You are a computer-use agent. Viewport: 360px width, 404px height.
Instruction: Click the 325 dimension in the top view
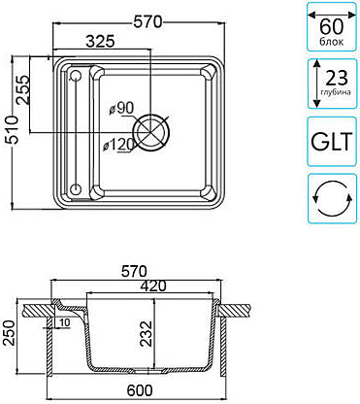101,41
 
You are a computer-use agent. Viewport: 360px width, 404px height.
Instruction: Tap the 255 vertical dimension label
22,89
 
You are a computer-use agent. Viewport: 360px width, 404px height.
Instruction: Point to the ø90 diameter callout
121,108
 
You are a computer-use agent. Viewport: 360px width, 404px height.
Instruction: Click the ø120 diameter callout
118,145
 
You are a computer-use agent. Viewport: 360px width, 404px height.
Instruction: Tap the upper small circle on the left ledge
76,76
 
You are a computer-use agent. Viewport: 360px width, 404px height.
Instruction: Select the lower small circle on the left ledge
76,188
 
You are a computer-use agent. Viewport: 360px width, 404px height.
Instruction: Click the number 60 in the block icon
332,26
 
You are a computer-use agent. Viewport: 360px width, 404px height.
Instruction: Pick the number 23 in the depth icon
337,78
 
